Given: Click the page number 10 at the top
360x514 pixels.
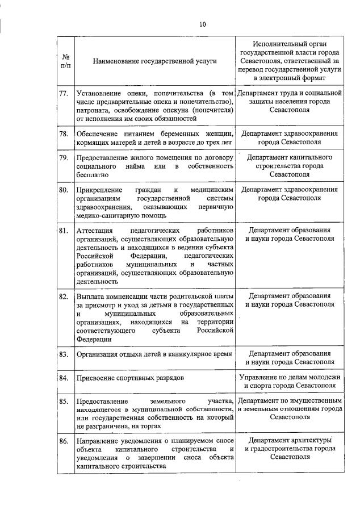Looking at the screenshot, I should pyautogui.click(x=202, y=24).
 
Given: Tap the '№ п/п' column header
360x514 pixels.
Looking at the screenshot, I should pyautogui.click(x=65, y=61).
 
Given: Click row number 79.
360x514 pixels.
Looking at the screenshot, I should pyautogui.click(x=64, y=157).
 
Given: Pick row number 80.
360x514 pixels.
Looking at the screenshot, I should pyautogui.click(x=64, y=190).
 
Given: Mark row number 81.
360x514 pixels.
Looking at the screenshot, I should pyautogui.click(x=64, y=231).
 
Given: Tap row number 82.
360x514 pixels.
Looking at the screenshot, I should pyautogui.click(x=64, y=296).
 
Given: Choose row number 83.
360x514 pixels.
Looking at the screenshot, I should pyautogui.click(x=64, y=354).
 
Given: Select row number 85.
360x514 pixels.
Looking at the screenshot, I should pyautogui.click(x=64, y=401).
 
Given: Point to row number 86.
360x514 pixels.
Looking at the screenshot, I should pyautogui.click(x=64, y=441).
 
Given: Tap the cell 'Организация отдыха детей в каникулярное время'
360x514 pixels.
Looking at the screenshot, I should pyautogui.click(x=154, y=354).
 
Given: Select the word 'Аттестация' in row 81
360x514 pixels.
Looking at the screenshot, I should pyautogui.click(x=94, y=231).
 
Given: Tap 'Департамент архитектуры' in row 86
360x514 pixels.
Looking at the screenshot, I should pyautogui.click(x=290, y=440).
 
